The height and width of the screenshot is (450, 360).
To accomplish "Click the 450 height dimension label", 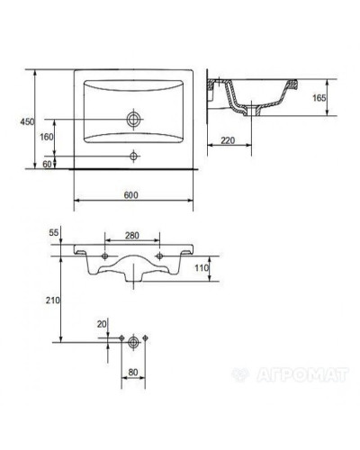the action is (x=27, y=121).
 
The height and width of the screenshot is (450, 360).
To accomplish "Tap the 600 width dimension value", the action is (x=131, y=195).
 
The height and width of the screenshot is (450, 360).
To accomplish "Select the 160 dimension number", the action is (x=47, y=137).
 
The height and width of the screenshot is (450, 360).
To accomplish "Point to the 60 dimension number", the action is (x=47, y=164).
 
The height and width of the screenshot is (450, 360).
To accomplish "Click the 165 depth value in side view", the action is (x=319, y=98).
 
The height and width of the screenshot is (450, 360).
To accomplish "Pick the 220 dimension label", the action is (x=228, y=140).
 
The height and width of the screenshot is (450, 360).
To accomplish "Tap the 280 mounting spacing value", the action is (x=132, y=236).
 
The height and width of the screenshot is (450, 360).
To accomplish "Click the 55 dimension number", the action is (x=54, y=232).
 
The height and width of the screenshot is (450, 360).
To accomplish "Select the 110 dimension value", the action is (x=202, y=267).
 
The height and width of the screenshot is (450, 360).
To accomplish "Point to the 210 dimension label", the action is (x=53, y=300).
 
